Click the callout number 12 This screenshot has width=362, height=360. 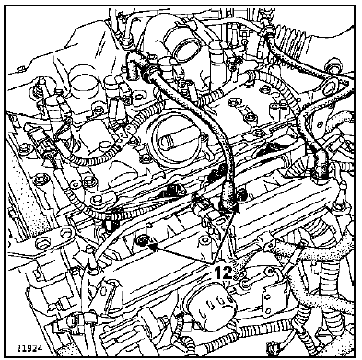tap(223, 273)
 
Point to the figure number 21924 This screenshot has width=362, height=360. tap(29, 348)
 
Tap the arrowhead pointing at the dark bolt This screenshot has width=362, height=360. tap(153, 246)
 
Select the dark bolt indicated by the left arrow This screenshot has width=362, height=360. tap(142, 240)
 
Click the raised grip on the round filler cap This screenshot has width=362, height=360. tap(169, 143)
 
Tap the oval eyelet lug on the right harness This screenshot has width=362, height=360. tap(333, 85)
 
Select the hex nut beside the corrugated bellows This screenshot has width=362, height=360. tap(333, 64)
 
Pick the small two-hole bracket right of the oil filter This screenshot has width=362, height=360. tap(271, 299)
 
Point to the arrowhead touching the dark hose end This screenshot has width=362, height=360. tap(236, 209)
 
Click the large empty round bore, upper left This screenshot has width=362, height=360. tap(83, 82)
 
